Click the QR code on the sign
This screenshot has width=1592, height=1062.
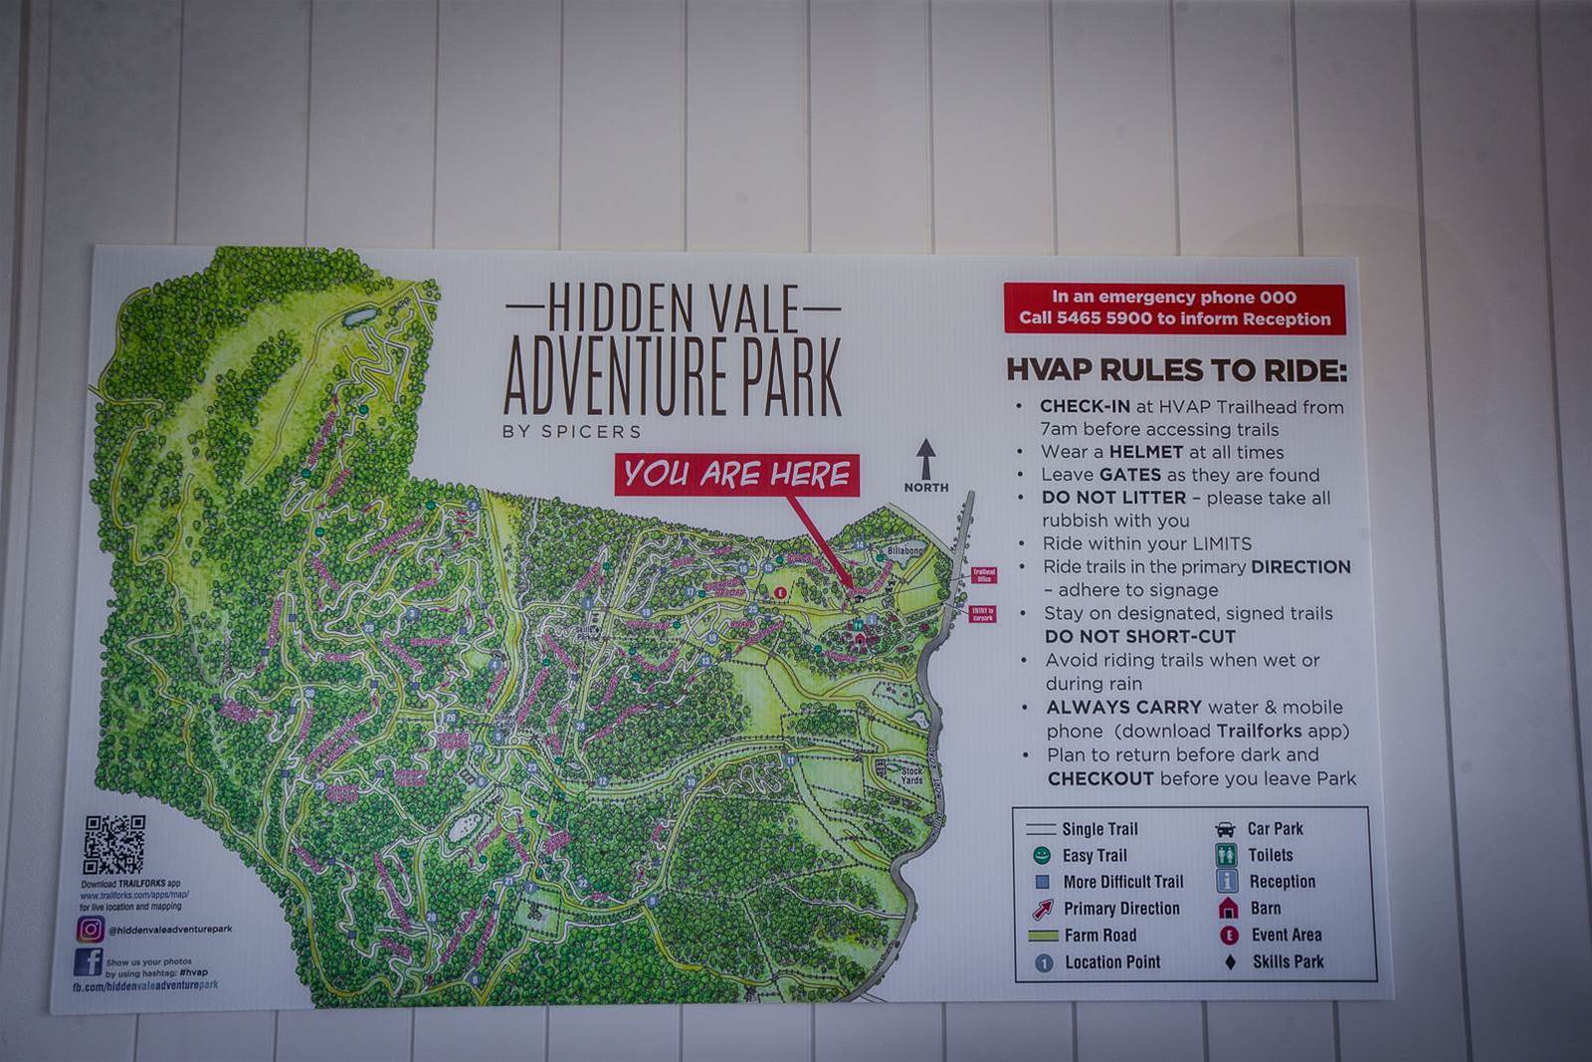[113, 845]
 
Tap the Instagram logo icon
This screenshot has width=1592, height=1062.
[90, 929]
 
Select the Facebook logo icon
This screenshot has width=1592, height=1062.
[88, 962]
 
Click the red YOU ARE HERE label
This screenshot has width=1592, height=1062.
[737, 475]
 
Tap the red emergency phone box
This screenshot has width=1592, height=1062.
[1174, 309]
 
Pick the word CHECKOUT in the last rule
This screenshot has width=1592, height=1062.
[1100, 778]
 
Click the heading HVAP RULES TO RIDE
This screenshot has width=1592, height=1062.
[1176, 370]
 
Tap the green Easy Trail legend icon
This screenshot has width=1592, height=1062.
[1042, 855]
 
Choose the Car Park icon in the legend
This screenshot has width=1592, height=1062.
[1226, 829]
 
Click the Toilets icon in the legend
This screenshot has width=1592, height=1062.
[1227, 855]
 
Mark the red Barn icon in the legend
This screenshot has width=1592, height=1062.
[1228, 908]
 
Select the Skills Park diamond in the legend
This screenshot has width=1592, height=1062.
[1230, 961]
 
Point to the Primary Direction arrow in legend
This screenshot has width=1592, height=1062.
[1042, 908]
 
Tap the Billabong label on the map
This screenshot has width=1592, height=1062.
[904, 549]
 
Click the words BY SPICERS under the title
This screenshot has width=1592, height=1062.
[572, 431]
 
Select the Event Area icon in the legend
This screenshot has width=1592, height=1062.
[1229, 935]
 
